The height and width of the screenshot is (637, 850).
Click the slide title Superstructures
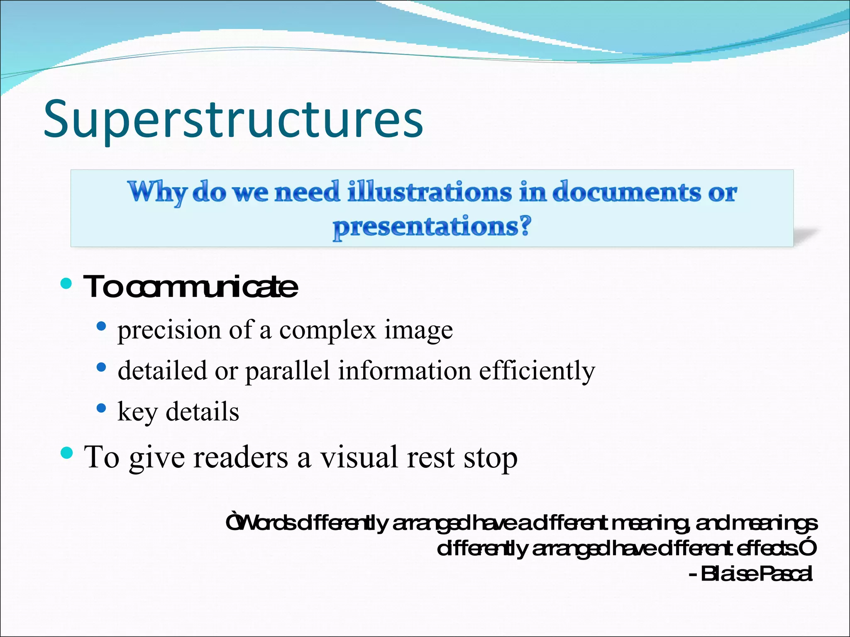pos(233,120)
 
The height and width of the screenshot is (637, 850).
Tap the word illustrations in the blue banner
pos(430,192)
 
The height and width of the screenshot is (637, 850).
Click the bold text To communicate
pos(191,287)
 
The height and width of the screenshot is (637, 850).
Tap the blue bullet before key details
pos(101,408)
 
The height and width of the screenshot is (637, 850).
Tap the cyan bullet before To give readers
pos(66,452)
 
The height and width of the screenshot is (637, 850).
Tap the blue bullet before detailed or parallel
pos(101,367)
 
